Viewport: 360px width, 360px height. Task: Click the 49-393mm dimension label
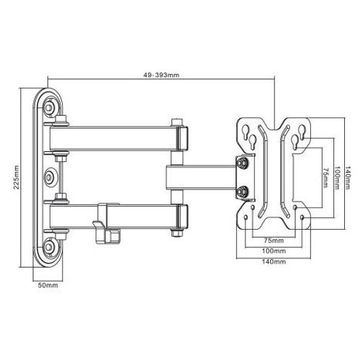tap(161, 75)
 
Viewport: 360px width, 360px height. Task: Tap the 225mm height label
tap(17, 177)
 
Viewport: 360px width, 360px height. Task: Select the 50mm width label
tap(48, 285)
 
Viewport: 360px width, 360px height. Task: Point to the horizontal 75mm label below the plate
tap(274, 240)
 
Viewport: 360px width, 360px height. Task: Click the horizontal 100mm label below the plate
tap(274, 251)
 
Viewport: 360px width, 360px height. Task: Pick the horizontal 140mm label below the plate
tap(274, 261)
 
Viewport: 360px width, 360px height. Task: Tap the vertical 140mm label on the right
tap(348, 177)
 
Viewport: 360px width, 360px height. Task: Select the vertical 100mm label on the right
tap(337, 177)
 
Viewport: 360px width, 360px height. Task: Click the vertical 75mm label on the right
tap(325, 177)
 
